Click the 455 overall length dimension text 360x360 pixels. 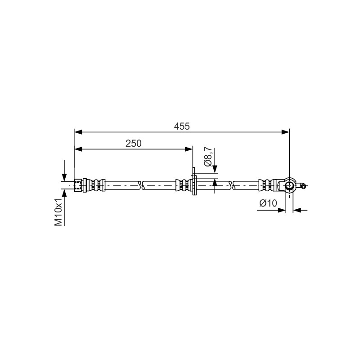pyautogui.click(x=182, y=126)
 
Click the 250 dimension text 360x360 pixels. pyautogui.click(x=133, y=144)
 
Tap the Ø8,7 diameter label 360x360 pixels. pyautogui.click(x=208, y=157)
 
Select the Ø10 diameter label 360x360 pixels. pyautogui.click(x=268, y=203)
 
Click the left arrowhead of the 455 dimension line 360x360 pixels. pyautogui.click(x=78, y=132)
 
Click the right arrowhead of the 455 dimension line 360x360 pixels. pyautogui.click(x=285, y=132)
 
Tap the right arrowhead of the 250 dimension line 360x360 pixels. pyautogui.click(x=189, y=149)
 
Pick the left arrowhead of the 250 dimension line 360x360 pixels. pyautogui.click(x=78, y=149)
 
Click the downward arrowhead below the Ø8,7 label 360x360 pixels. pyautogui.click(x=215, y=169)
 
